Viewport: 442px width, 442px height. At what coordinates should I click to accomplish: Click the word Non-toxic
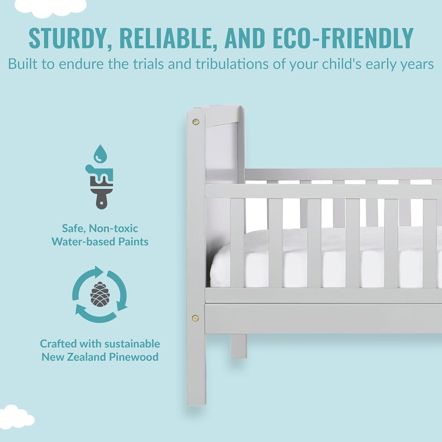click(113, 228)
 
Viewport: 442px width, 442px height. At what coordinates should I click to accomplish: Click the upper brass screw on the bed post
click(195, 121)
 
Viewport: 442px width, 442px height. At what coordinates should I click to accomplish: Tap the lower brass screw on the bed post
click(195, 317)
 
